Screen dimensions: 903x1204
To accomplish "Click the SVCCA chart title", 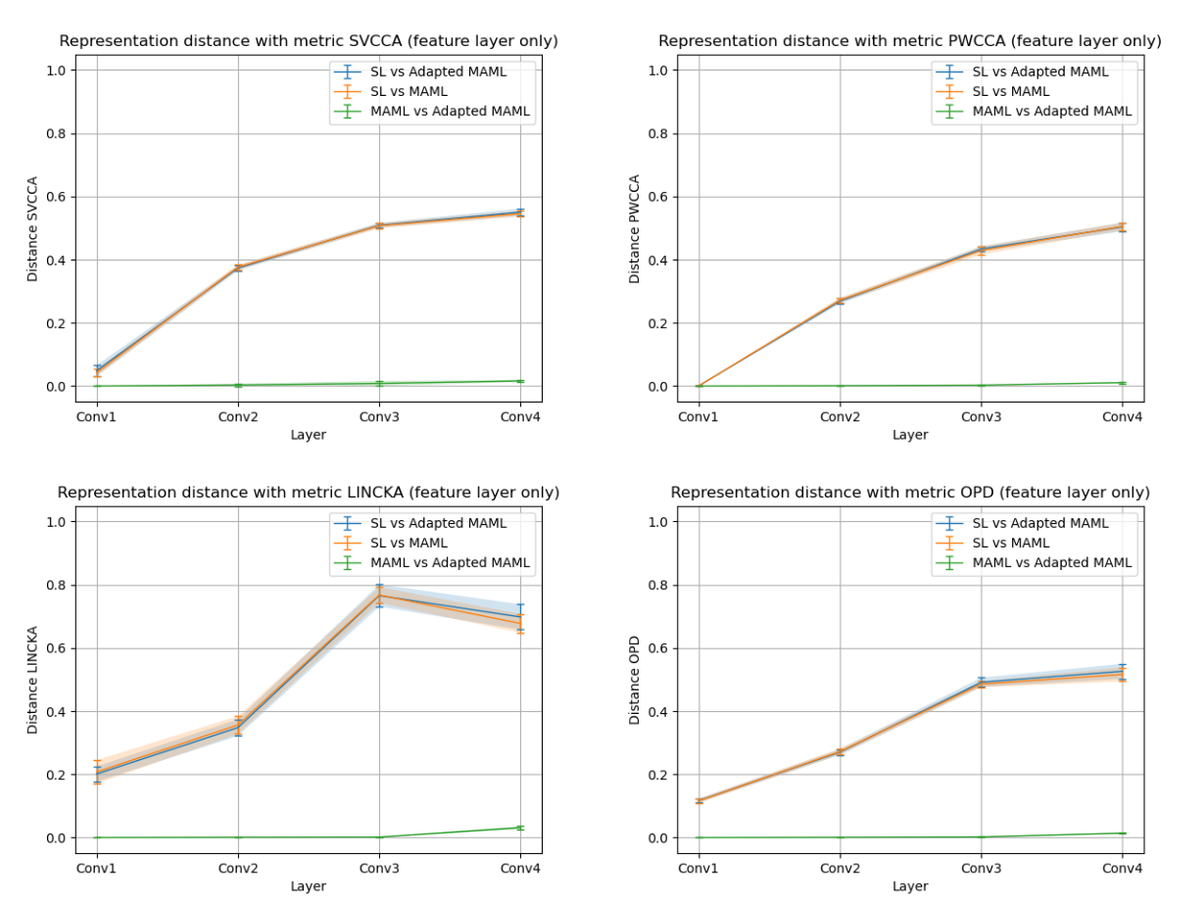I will pyautogui.click(x=309, y=41).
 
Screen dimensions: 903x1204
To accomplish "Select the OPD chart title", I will pyautogui.click(x=910, y=493).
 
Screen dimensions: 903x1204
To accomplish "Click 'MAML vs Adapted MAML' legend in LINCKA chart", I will pyautogui.click(x=450, y=562).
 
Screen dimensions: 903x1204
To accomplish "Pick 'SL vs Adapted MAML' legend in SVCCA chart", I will pyautogui.click(x=438, y=71).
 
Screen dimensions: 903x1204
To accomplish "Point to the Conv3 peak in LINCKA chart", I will pyautogui.click(x=379, y=595).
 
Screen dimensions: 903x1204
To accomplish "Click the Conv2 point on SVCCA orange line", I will pyautogui.click(x=238, y=266).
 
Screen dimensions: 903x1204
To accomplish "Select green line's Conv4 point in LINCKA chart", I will pyautogui.click(x=520, y=828).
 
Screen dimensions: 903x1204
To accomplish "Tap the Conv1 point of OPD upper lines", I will pyautogui.click(x=698, y=801).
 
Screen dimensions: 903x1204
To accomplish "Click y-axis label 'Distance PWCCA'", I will pyautogui.click(x=635, y=229).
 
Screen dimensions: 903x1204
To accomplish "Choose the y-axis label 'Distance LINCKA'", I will pyautogui.click(x=33, y=680).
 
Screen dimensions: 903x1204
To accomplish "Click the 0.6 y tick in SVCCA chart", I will pyautogui.click(x=58, y=197).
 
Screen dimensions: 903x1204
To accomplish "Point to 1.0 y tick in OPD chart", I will pyautogui.click(x=659, y=522).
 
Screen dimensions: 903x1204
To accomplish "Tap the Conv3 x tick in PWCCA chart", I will pyautogui.click(x=981, y=416).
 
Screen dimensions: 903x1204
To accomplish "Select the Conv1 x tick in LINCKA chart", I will pyautogui.click(x=96, y=868).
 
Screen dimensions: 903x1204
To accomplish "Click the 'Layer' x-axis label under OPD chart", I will pyautogui.click(x=910, y=886).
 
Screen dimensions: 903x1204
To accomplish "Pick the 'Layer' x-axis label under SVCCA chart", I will pyautogui.click(x=309, y=435).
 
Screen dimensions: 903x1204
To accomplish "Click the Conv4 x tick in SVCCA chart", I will pyautogui.click(x=520, y=416).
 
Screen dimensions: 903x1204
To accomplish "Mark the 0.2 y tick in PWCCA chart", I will pyautogui.click(x=659, y=323).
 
